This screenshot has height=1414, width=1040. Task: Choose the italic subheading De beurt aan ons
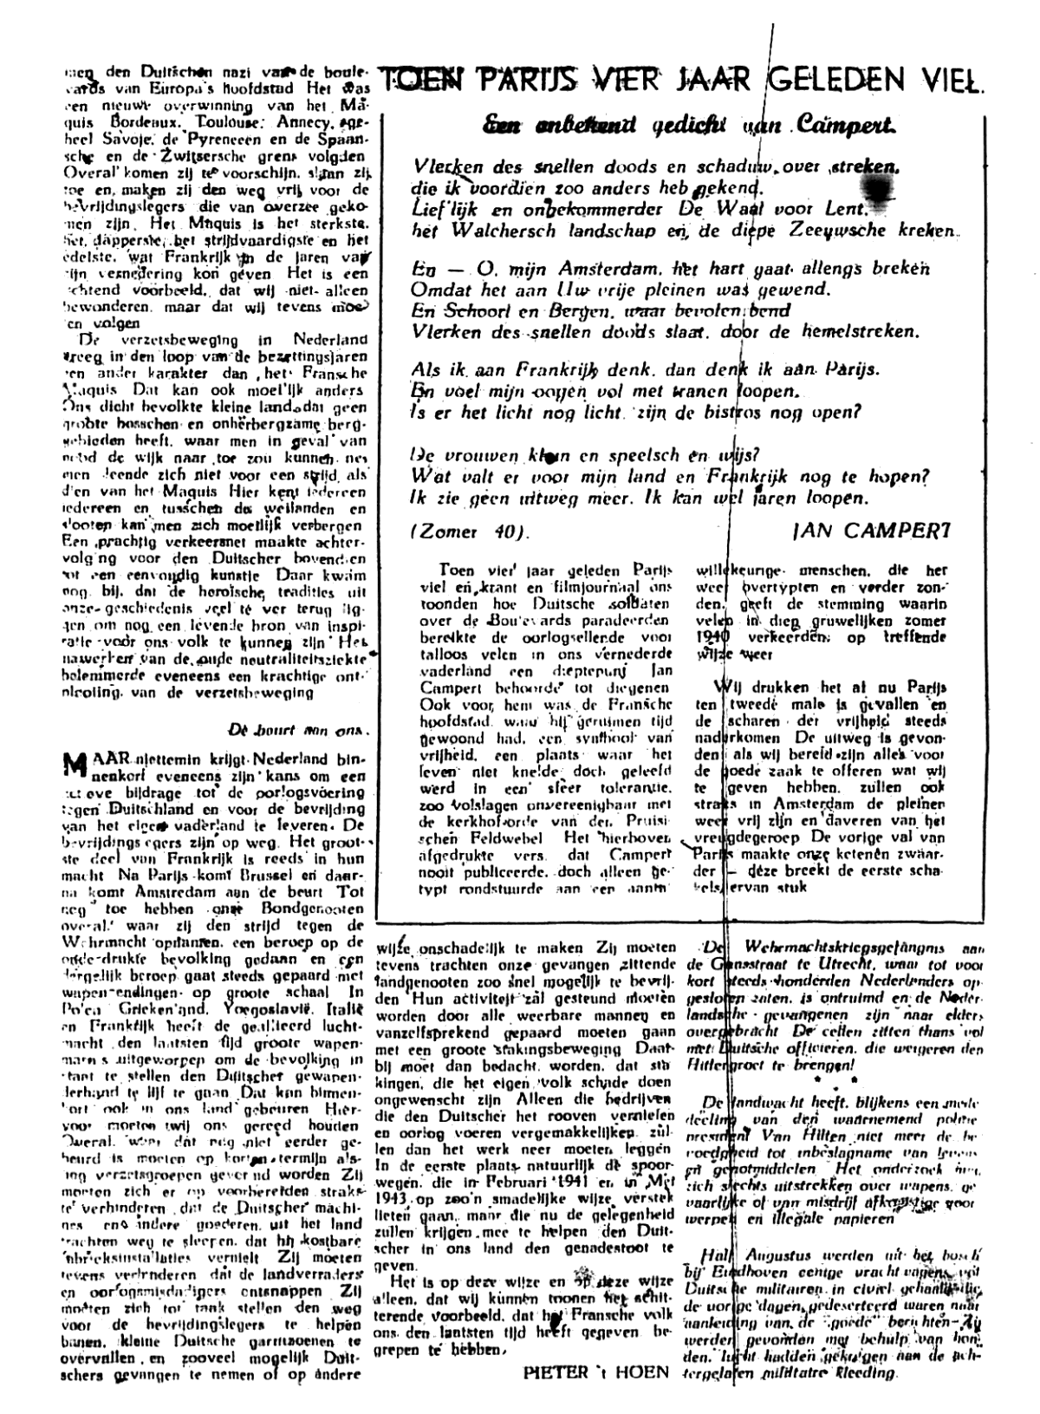point(300,728)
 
